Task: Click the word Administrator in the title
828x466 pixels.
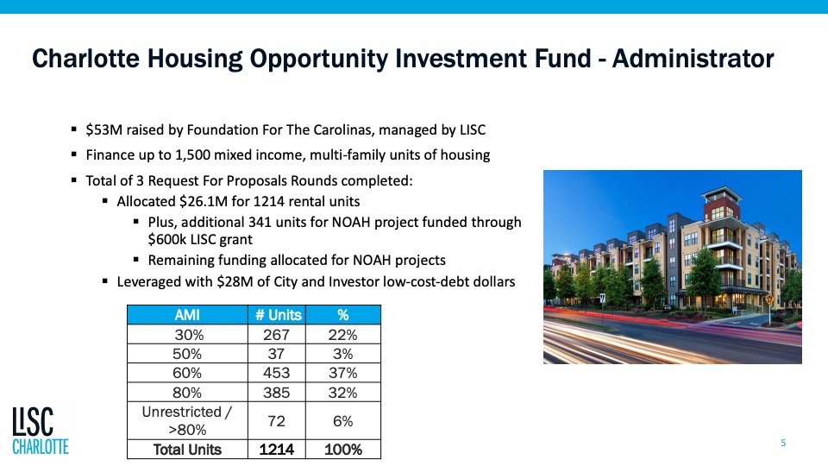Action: coord(693,58)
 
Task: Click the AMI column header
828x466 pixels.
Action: coord(187,315)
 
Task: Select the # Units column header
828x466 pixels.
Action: coord(278,315)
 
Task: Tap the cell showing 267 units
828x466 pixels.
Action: coord(276,335)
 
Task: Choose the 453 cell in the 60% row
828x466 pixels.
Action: coord(276,373)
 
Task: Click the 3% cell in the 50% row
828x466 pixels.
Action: coord(342,354)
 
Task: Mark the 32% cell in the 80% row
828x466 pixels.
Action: coord(342,393)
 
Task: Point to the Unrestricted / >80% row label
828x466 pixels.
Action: coord(187,420)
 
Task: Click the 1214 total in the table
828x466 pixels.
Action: coord(276,450)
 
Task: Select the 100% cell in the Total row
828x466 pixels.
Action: coord(342,450)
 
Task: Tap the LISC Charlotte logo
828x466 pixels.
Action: coord(41,431)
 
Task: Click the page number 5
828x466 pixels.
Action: coord(783,443)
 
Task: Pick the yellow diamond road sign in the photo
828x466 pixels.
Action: coord(768,300)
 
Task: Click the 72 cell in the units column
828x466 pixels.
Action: coord(276,421)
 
